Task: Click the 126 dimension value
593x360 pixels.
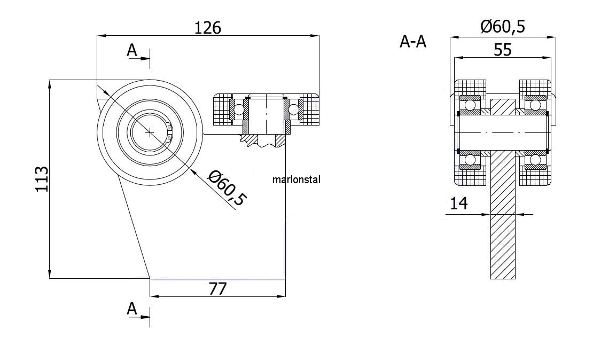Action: pos(208,28)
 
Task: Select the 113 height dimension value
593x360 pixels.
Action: pos(42,179)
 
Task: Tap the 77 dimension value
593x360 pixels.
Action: pos(217,289)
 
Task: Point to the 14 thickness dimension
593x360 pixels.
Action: pos(459,204)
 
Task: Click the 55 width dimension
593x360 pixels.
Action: pos(503,50)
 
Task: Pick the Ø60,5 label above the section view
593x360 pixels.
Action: pos(503,27)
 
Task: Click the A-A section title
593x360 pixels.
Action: pos(413,42)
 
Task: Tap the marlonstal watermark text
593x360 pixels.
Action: pos(296,179)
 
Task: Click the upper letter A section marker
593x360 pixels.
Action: pos(131,50)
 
